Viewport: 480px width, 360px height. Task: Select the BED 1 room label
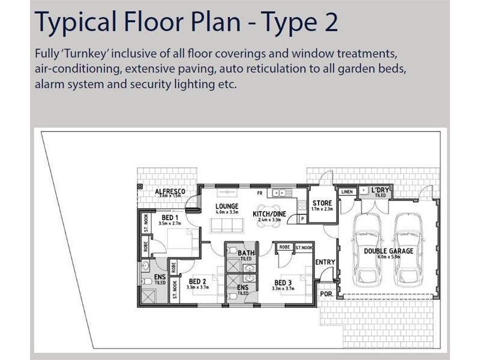click(170, 217)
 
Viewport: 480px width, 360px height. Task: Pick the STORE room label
click(322, 203)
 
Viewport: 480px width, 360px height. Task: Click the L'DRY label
click(380, 190)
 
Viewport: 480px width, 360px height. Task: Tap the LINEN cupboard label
click(347, 191)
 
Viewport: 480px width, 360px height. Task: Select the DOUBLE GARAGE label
click(388, 251)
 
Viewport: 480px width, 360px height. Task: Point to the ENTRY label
click(325, 262)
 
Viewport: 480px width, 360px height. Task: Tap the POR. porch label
click(326, 295)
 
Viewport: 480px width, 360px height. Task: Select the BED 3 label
click(283, 283)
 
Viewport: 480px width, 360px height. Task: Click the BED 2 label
click(197, 281)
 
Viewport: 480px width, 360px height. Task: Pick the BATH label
click(246, 253)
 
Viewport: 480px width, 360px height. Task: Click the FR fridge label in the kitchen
click(260, 193)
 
